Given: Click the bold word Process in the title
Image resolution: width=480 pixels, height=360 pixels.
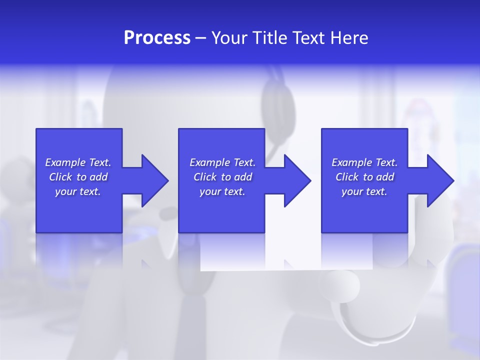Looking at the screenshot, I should pyautogui.click(x=157, y=38).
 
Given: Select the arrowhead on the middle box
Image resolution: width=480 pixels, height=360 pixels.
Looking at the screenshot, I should pyautogui.click(x=296, y=180).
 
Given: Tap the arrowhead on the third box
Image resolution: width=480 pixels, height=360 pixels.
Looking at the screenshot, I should pyautogui.click(x=439, y=180).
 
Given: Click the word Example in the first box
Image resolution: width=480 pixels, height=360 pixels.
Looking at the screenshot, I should pyautogui.click(x=65, y=162).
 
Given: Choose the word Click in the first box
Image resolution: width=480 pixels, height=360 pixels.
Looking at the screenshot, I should pyautogui.click(x=61, y=177).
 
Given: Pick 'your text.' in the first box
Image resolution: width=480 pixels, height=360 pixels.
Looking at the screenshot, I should pyautogui.click(x=78, y=191).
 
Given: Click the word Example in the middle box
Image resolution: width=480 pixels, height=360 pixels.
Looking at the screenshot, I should pyautogui.click(x=210, y=162).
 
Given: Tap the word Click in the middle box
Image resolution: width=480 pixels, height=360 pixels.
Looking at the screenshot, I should pyautogui.click(x=205, y=177).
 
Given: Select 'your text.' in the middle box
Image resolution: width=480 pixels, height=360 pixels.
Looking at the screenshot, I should pyautogui.click(x=222, y=191).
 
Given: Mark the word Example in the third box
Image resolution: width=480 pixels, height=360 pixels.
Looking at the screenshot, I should pyautogui.click(x=352, y=162).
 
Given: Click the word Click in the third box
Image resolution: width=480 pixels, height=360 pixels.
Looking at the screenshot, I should pyautogui.click(x=347, y=177).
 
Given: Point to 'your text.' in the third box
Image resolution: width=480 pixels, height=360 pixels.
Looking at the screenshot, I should pyautogui.click(x=364, y=191).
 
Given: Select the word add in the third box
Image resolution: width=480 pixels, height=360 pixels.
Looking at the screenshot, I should pyautogui.click(x=385, y=177).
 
